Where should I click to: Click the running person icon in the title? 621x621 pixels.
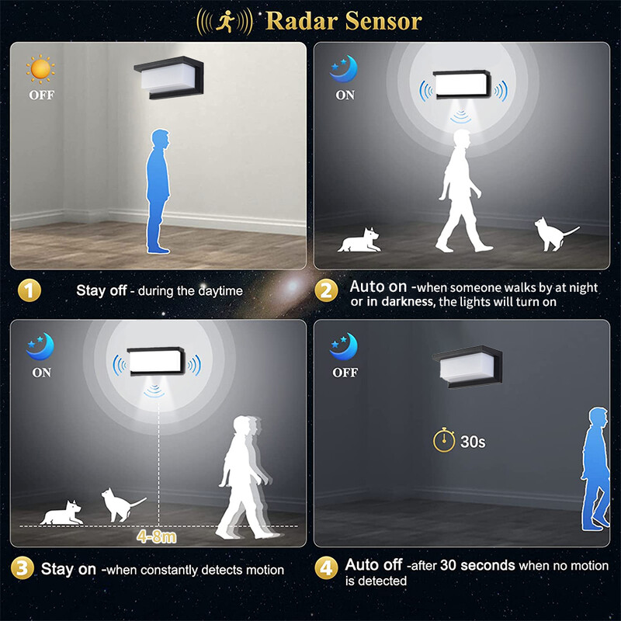pyautogui.click(x=225, y=22)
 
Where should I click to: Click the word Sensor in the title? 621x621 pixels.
pyautogui.click(x=383, y=21)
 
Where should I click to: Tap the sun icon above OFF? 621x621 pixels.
pyautogui.click(x=40, y=69)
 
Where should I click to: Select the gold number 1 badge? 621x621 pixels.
pyautogui.click(x=29, y=290)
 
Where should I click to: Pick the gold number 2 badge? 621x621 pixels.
pyautogui.click(x=326, y=290)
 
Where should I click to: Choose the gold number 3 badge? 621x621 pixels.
pyautogui.click(x=23, y=568)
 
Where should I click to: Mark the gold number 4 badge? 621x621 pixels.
pyautogui.click(x=326, y=568)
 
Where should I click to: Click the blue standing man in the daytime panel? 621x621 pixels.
pyautogui.click(x=158, y=191)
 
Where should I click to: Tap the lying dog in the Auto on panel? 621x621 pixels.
pyautogui.click(x=360, y=241)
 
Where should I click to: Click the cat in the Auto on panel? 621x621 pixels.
pyautogui.click(x=554, y=234)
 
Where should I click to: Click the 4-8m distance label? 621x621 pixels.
pyautogui.click(x=157, y=536)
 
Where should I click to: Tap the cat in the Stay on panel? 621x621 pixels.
pyautogui.click(x=122, y=505)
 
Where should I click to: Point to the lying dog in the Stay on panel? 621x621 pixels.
pyautogui.click(x=62, y=513)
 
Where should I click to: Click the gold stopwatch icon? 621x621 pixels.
pyautogui.click(x=444, y=439)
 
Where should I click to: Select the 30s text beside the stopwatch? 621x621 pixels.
pyautogui.click(x=473, y=441)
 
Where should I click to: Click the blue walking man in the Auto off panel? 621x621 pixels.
pyautogui.click(x=595, y=469)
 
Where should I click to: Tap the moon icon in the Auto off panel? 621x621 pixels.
pyautogui.click(x=343, y=346)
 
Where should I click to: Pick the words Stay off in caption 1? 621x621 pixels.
pyautogui.click(x=102, y=290)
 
